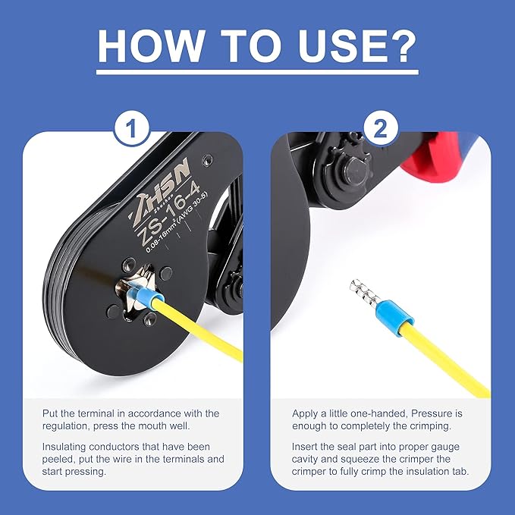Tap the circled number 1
tap(133, 128)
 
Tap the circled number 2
tap(380, 128)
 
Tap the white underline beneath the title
tap(257, 74)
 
